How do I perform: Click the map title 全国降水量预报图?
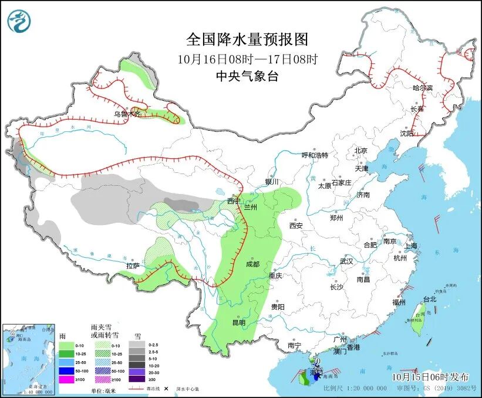pyautogui.click(x=247, y=40)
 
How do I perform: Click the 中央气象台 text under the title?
pyautogui.click(x=247, y=76)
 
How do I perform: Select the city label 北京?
pyautogui.click(x=360, y=151)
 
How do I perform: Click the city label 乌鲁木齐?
pyautogui.click(x=127, y=114)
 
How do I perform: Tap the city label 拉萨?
pyautogui.click(x=133, y=266)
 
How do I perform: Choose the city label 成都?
pyautogui.click(x=252, y=264)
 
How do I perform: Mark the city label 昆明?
pyautogui.click(x=238, y=322)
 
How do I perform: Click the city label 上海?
pyautogui.click(x=409, y=246)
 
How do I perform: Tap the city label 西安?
pyautogui.click(x=295, y=226)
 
